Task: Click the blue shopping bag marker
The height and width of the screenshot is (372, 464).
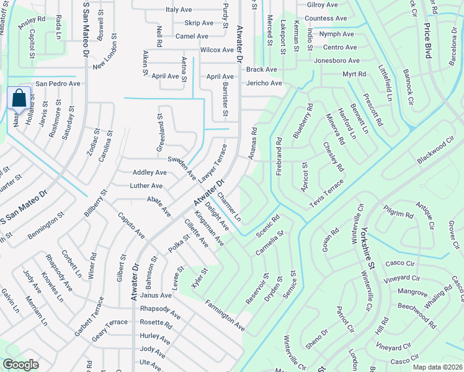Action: pyautogui.click(x=19, y=99)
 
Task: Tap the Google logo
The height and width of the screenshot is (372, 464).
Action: pyautogui.click(x=20, y=365)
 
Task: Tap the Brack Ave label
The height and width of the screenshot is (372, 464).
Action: pyautogui.click(x=261, y=69)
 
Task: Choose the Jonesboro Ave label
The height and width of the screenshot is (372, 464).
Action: pyautogui.click(x=337, y=61)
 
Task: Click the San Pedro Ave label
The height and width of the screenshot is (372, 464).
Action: pyautogui.click(x=58, y=83)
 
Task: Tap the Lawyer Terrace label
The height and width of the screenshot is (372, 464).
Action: pyautogui.click(x=213, y=163)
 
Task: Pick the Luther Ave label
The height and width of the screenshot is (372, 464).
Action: pyautogui.click(x=146, y=185)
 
